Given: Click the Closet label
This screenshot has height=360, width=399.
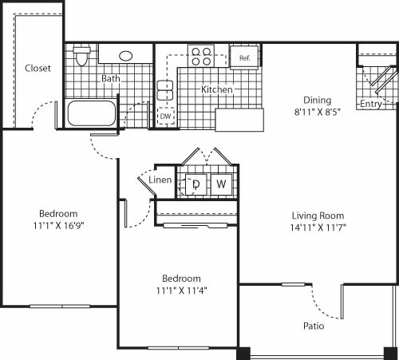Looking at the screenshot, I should (38, 69).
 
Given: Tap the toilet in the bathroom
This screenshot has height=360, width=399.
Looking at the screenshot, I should (81, 57).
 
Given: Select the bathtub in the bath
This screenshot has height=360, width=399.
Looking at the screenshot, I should (93, 113).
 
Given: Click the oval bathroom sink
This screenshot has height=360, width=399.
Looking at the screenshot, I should (127, 56).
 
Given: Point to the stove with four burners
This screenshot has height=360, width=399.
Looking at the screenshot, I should (201, 57).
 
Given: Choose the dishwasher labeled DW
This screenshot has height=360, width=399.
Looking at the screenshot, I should (166, 117).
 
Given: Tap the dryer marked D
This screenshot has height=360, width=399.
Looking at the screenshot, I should (196, 184).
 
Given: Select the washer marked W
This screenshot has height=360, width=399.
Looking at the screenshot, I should (222, 184).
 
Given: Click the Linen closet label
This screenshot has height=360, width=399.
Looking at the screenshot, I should (160, 180).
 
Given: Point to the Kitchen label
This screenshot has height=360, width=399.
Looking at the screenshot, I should (216, 89).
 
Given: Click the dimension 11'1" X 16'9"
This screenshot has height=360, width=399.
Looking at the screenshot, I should (58, 225).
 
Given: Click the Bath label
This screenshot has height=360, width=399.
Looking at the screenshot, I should (110, 79).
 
